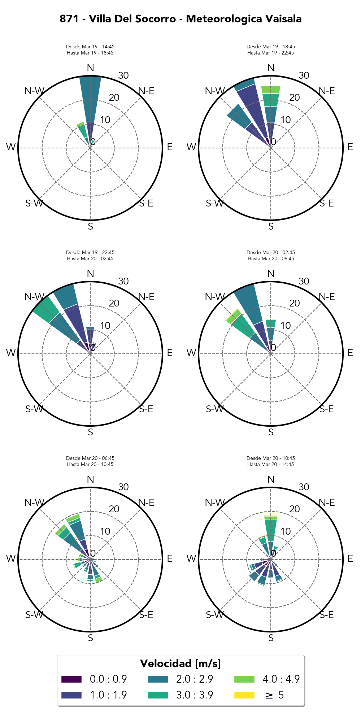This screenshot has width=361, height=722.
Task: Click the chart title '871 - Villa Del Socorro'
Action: pos(180,19)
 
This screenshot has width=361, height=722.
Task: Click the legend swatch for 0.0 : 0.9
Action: pos(71,679)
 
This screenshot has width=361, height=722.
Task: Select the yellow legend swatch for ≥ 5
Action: pos(244,695)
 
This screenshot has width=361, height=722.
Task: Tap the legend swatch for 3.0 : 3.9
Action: pos(158,695)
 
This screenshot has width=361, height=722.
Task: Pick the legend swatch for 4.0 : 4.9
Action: pos(244,679)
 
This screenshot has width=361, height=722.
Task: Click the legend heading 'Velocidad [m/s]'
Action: pos(180,664)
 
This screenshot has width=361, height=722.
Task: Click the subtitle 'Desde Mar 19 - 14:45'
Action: pos(90,47)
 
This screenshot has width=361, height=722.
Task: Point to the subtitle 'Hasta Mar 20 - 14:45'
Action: pos(271,464)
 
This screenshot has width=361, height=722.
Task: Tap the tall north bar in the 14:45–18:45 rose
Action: pos(91,97)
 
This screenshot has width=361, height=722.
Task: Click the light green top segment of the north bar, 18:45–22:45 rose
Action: pos(271,90)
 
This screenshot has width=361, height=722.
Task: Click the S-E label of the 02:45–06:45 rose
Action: pos(327,409)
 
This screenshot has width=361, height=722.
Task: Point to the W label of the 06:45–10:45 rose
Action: pos(11,558)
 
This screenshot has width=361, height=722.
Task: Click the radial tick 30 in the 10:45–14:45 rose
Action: pos(304,487)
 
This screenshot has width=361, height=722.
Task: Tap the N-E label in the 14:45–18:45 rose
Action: pos(146,91)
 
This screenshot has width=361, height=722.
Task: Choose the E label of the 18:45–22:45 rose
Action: pos(350,147)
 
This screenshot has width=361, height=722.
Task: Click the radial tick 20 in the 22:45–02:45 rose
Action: pos(114,303)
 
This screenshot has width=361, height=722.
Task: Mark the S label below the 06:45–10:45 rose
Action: pos(90,638)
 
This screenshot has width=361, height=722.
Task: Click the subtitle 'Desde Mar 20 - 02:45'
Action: pos(271,252)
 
